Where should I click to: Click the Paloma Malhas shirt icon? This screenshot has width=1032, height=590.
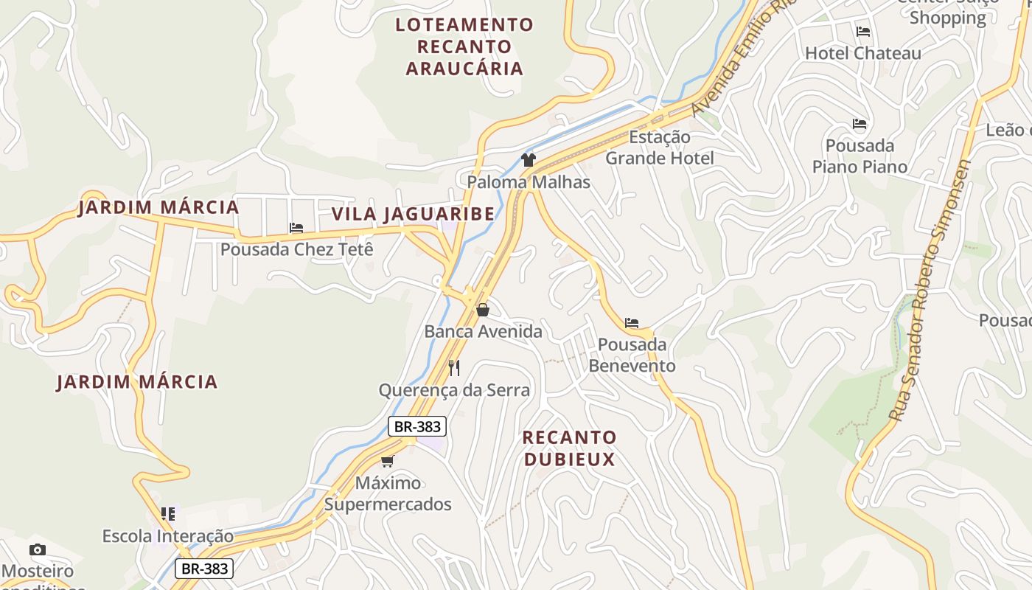click(528, 159)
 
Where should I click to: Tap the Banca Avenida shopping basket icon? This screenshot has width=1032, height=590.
click(483, 310)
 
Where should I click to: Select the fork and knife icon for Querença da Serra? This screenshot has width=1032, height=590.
click(454, 367)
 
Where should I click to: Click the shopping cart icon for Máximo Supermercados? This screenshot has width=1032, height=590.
click(388, 461)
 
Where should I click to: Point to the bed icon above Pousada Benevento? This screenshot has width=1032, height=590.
click(632, 323)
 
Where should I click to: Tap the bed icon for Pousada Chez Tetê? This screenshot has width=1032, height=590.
click(296, 228)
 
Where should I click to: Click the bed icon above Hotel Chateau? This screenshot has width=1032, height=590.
click(863, 32)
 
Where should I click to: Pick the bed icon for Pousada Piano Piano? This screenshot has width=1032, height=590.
click(860, 124)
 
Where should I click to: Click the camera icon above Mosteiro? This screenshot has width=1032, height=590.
click(38, 549)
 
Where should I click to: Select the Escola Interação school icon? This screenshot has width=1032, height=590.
click(168, 513)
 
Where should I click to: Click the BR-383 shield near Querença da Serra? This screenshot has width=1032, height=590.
click(417, 426)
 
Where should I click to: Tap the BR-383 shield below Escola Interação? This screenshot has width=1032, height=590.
click(204, 569)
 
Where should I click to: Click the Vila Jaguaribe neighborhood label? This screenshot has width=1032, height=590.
click(413, 214)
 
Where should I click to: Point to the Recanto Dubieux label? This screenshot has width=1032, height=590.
click(569, 448)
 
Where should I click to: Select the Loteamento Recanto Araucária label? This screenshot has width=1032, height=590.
click(464, 46)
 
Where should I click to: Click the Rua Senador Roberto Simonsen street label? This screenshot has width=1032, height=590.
click(930, 291)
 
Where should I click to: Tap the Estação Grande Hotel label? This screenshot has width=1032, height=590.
click(660, 147)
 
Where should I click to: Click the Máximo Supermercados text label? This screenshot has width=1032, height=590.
click(388, 494)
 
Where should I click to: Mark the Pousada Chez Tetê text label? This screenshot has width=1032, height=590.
click(296, 249)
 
